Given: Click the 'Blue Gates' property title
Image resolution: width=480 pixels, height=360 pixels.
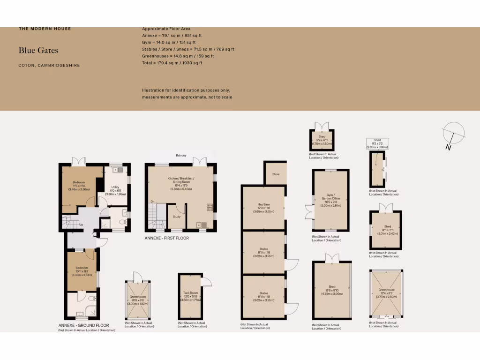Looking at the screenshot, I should pyautogui.click(x=38, y=50).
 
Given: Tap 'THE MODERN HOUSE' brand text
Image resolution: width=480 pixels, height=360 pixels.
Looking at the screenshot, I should pyautogui.click(x=45, y=29).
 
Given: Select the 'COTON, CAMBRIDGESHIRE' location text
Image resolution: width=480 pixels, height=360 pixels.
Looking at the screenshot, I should pyautogui.click(x=49, y=65).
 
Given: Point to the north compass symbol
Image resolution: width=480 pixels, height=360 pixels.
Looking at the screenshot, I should pyautogui.click(x=453, y=134).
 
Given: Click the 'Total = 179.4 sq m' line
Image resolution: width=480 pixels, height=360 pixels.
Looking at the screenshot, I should pyautogui.click(x=172, y=62).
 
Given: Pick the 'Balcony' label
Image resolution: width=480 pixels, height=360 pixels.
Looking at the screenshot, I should pyautogui.click(x=181, y=156).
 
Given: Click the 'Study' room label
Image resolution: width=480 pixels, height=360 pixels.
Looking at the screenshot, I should pyautogui.click(x=177, y=217).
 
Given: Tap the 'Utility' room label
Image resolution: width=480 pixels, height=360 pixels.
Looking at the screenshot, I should pyautogui.click(x=115, y=187).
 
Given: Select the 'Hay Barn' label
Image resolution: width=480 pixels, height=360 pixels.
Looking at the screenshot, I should pyautogui.click(x=263, y=204).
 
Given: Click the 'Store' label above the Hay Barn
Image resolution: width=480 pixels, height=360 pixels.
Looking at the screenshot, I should pyautogui.click(x=276, y=174).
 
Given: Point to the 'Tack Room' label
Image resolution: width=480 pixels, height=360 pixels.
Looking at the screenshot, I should pyautogui.click(x=190, y=293).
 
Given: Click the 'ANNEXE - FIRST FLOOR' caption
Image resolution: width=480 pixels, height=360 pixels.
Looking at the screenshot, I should pyautogui.click(x=167, y=238).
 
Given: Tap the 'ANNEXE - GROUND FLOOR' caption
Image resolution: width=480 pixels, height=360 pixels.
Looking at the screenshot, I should pyautogui.click(x=83, y=325).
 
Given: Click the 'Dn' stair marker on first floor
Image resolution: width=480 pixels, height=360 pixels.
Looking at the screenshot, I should pyautogui.click(x=152, y=202).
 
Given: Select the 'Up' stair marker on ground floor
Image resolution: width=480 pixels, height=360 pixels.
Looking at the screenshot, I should pyautogui.click(x=81, y=224).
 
